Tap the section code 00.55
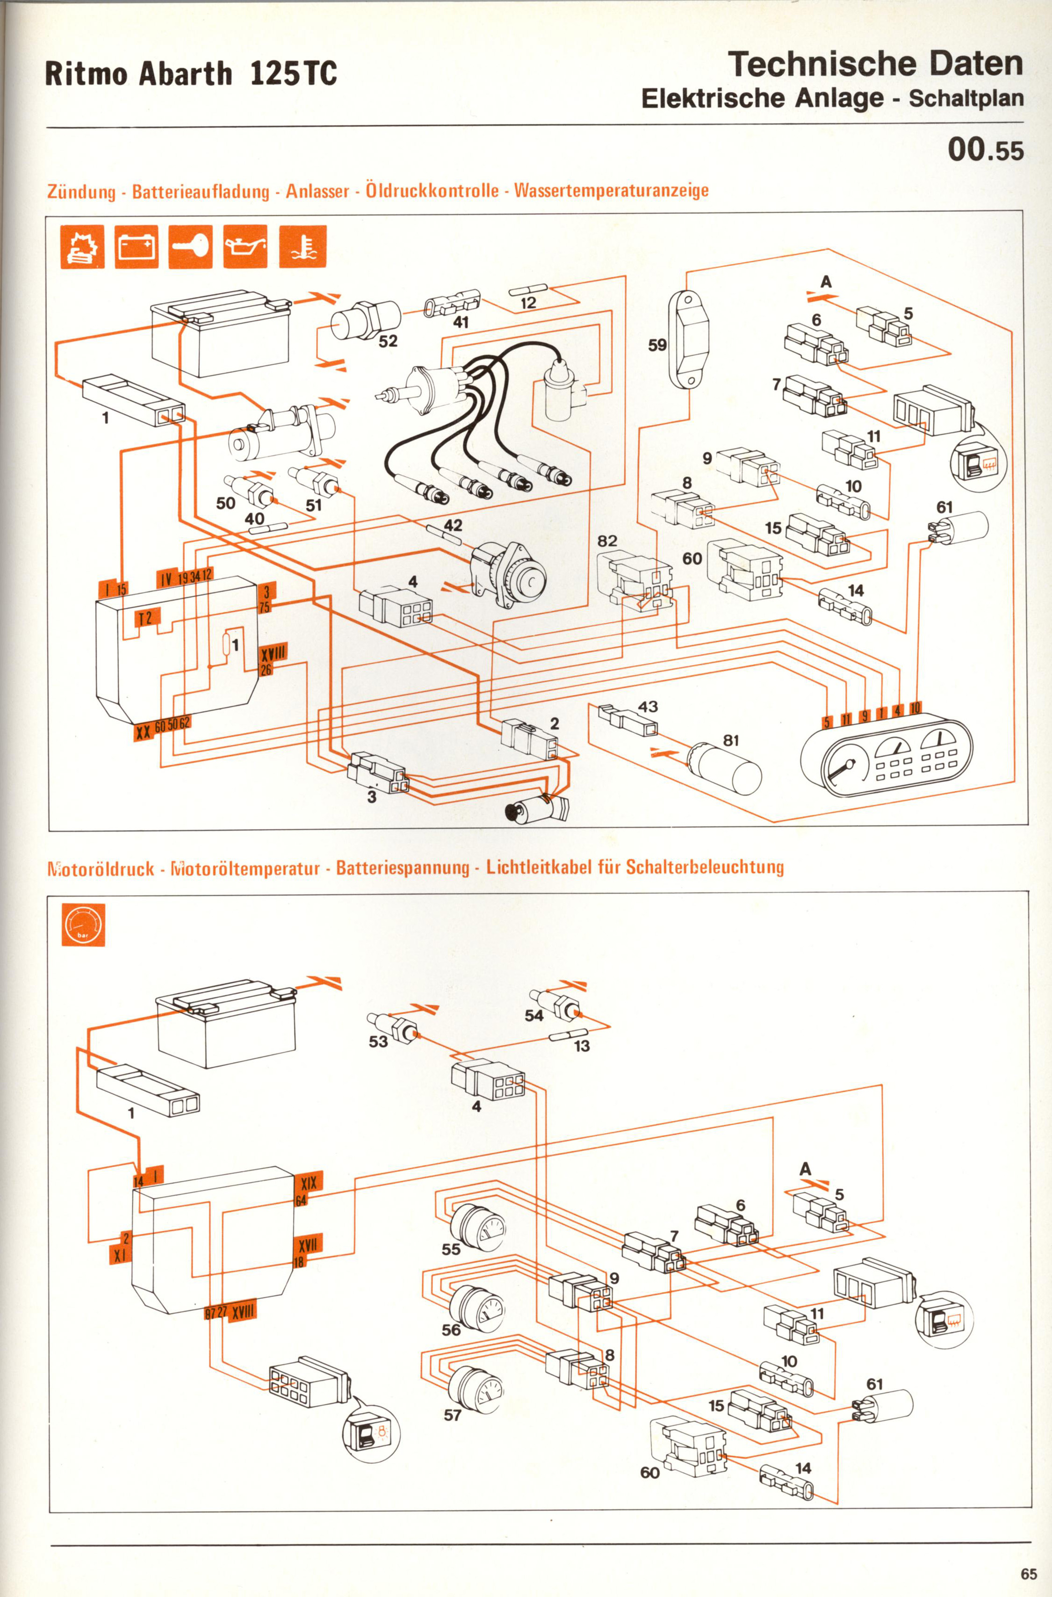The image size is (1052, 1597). point(985,150)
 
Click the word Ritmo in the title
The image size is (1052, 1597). point(87,74)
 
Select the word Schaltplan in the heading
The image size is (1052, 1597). point(966,99)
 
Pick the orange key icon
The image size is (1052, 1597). point(191,246)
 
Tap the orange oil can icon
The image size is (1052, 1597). point(245,246)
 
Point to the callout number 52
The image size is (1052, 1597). point(388,341)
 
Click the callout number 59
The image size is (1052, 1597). point(657,345)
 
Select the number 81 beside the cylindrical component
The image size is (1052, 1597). point(731,741)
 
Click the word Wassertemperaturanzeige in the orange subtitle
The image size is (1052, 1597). point(611,191)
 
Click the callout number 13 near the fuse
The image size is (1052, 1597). point(582,1046)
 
